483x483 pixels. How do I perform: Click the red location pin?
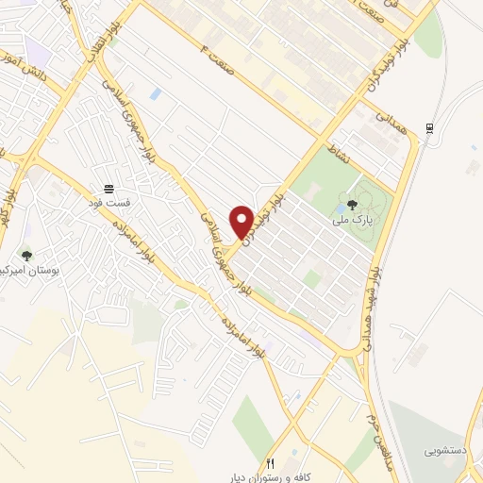[x=242, y=221]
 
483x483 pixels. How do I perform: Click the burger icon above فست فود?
[x=109, y=188]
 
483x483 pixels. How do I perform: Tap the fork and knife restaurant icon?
[x=270, y=462]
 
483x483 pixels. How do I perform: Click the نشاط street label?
[x=337, y=151]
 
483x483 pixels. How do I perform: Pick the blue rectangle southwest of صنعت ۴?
[x=156, y=93]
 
